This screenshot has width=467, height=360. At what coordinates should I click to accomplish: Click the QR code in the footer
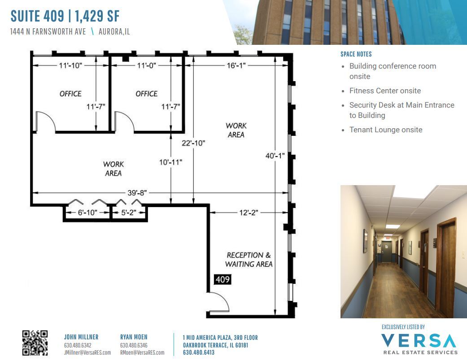tap(35, 343)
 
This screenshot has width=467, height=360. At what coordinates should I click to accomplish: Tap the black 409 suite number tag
tap(223, 280)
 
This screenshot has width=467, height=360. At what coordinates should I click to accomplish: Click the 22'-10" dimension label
tap(193, 143)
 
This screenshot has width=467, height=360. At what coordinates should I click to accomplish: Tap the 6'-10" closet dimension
tap(87, 213)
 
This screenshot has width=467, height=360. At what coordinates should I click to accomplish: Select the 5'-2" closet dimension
tap(128, 213)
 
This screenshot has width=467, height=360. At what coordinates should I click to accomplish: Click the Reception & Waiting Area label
tap(249, 260)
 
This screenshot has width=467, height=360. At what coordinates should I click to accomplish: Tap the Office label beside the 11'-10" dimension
tap(70, 94)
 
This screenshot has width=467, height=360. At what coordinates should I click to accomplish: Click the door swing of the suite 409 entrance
tap(220, 301)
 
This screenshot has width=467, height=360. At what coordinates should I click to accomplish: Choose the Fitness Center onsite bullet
tap(385, 91)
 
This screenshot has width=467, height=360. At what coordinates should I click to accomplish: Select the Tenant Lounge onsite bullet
tap(386, 130)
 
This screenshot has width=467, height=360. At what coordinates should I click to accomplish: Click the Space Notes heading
tap(356, 54)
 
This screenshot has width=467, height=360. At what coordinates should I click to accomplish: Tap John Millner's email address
tap(87, 352)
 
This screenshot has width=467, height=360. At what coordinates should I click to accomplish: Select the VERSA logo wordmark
tap(419, 341)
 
